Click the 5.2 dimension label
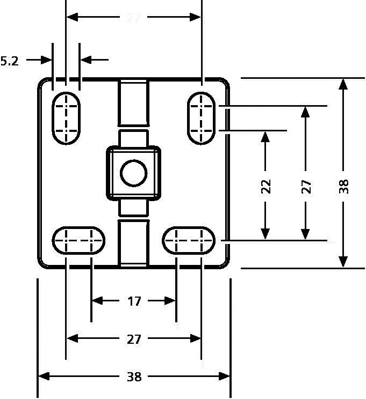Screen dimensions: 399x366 coord(10,61)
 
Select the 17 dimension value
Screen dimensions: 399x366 coord(134,301)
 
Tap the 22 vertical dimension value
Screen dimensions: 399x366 coord(265,186)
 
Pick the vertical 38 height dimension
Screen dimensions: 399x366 coord(344,186)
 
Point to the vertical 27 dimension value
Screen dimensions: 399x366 coord(306,186)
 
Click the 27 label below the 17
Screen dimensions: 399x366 coord(134,339)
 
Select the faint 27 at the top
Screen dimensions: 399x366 coord(133,18)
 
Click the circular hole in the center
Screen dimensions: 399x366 coord(133,173)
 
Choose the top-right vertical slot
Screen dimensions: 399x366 coord(202,118)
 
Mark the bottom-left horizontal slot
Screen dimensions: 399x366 coord(78,240)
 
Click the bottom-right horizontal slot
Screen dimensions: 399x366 coord(189,240)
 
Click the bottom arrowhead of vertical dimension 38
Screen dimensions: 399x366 coord(343,261)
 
